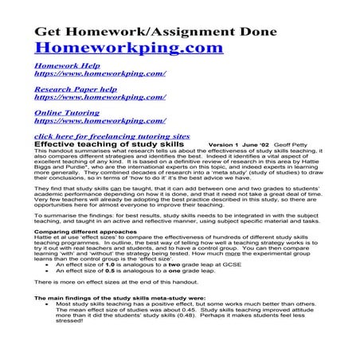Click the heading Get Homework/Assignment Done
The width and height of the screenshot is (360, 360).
click(155, 31)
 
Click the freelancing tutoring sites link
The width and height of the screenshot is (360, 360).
click(112, 136)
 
